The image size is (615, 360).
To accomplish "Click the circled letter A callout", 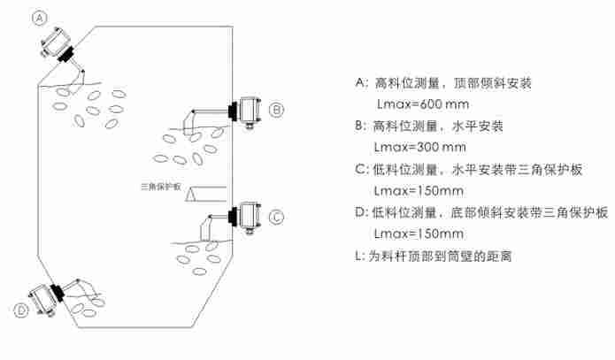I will tap(39, 18).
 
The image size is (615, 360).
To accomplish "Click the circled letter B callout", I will tap(276, 110).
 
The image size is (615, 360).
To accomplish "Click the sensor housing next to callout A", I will tap(52, 41).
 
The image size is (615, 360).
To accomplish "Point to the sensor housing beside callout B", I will tap(248, 109).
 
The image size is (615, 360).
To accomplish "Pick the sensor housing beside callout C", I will tap(248, 215).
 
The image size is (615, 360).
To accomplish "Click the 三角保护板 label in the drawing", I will tap(160, 187).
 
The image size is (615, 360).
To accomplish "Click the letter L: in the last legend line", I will tap(358, 256).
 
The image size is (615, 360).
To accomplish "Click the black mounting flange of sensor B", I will tap(232, 111).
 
